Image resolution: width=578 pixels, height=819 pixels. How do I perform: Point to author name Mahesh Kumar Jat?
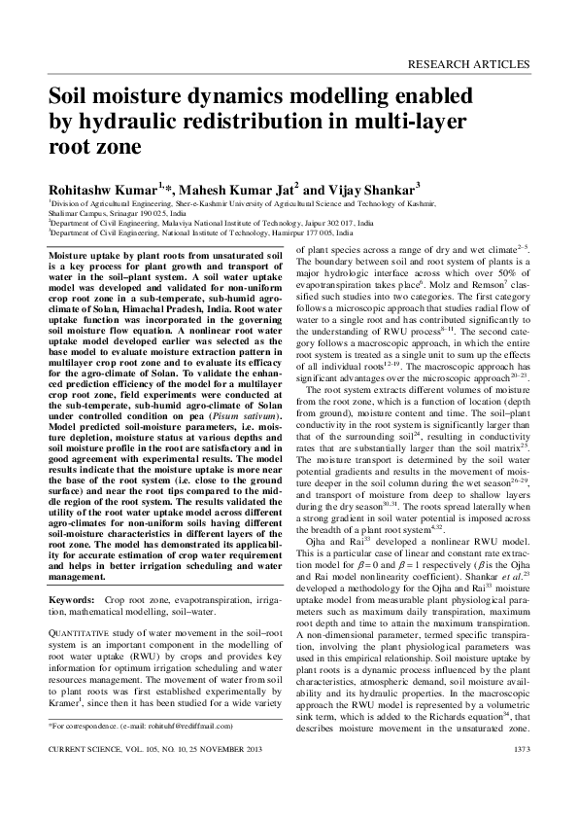point(230,188)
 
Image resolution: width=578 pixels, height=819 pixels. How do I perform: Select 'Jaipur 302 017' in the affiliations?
point(325,223)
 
